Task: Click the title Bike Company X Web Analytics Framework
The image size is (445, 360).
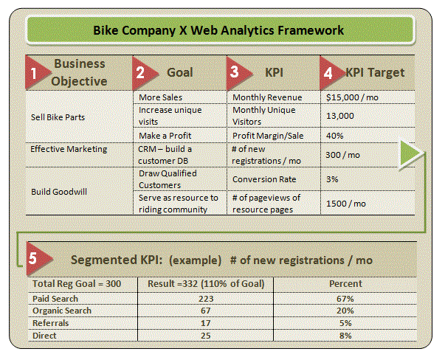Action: click(x=218, y=31)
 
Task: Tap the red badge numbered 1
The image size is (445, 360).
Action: click(x=34, y=73)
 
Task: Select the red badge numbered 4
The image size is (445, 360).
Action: click(x=329, y=73)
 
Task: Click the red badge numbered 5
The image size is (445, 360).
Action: click(x=34, y=260)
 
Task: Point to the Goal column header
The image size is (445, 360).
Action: click(x=179, y=72)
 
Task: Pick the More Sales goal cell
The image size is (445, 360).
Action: click(x=160, y=97)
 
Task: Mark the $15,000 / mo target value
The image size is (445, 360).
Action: click(x=351, y=97)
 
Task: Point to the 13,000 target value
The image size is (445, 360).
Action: click(x=339, y=116)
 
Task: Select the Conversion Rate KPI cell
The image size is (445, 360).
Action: click(x=264, y=179)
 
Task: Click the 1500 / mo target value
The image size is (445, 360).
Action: click(x=343, y=203)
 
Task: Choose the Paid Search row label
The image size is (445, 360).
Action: click(x=55, y=299)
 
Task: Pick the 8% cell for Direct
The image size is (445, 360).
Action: click(x=345, y=336)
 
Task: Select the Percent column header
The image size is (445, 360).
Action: click(x=345, y=283)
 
